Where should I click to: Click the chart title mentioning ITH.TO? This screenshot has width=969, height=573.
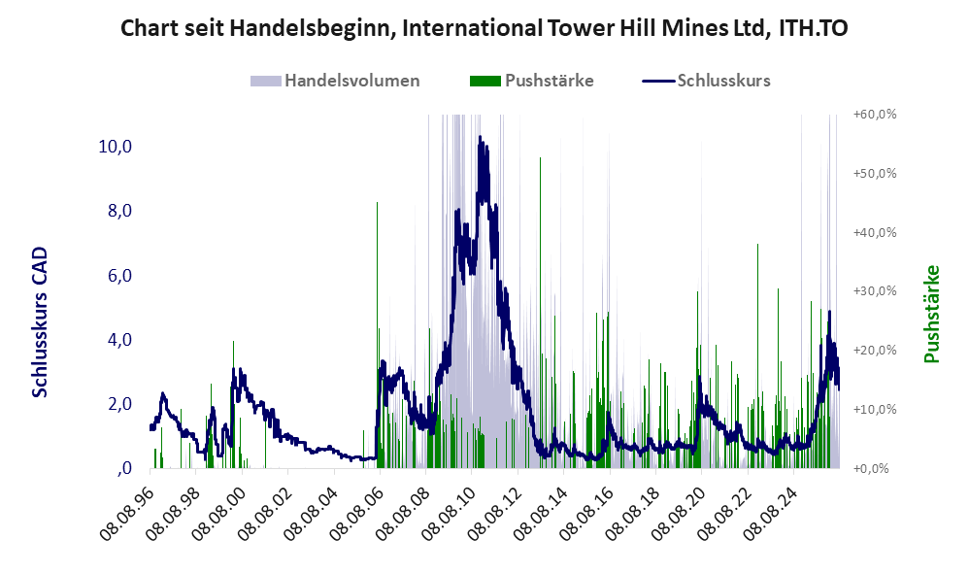tap(484, 28)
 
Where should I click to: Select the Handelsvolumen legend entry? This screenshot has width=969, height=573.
tap(335, 81)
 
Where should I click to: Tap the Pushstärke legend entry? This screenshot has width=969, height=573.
tap(531, 81)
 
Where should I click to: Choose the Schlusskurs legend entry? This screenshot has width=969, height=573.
tap(706, 81)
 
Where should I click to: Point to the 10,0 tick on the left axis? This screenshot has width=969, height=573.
tap(115, 147)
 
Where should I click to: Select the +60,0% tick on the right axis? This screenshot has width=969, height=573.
tap(875, 115)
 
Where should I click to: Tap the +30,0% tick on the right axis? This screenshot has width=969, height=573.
tap(875, 291)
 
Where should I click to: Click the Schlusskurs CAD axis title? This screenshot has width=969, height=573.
tap(40, 322)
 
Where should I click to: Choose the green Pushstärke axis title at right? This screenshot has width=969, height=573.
tap(931, 314)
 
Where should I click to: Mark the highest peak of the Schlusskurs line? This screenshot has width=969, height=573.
tap(481, 137)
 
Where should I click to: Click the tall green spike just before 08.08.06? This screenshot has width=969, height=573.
tap(377, 335)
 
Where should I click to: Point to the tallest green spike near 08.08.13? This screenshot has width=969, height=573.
tap(540, 313)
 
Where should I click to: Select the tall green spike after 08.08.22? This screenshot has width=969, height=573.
tap(757, 356)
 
